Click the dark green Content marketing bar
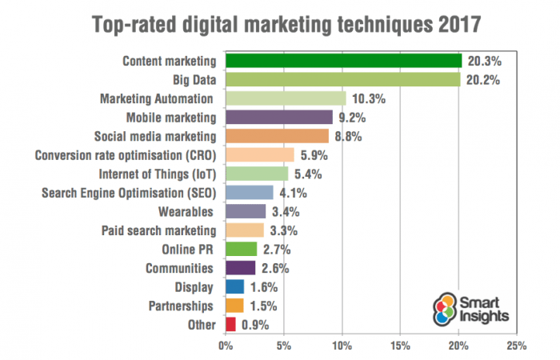point(344,61)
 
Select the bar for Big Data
point(343,80)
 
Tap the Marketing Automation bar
point(286,98)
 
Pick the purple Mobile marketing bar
point(279,118)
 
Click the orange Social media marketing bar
point(277,136)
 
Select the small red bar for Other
point(231,324)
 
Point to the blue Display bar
point(235,286)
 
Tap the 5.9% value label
point(315,155)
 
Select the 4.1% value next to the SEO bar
point(294,193)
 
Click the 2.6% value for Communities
point(277,268)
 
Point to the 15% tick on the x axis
point(400,346)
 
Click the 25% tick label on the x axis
point(516,346)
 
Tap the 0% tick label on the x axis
point(226,346)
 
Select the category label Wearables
point(186,211)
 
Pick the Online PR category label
point(189,249)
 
